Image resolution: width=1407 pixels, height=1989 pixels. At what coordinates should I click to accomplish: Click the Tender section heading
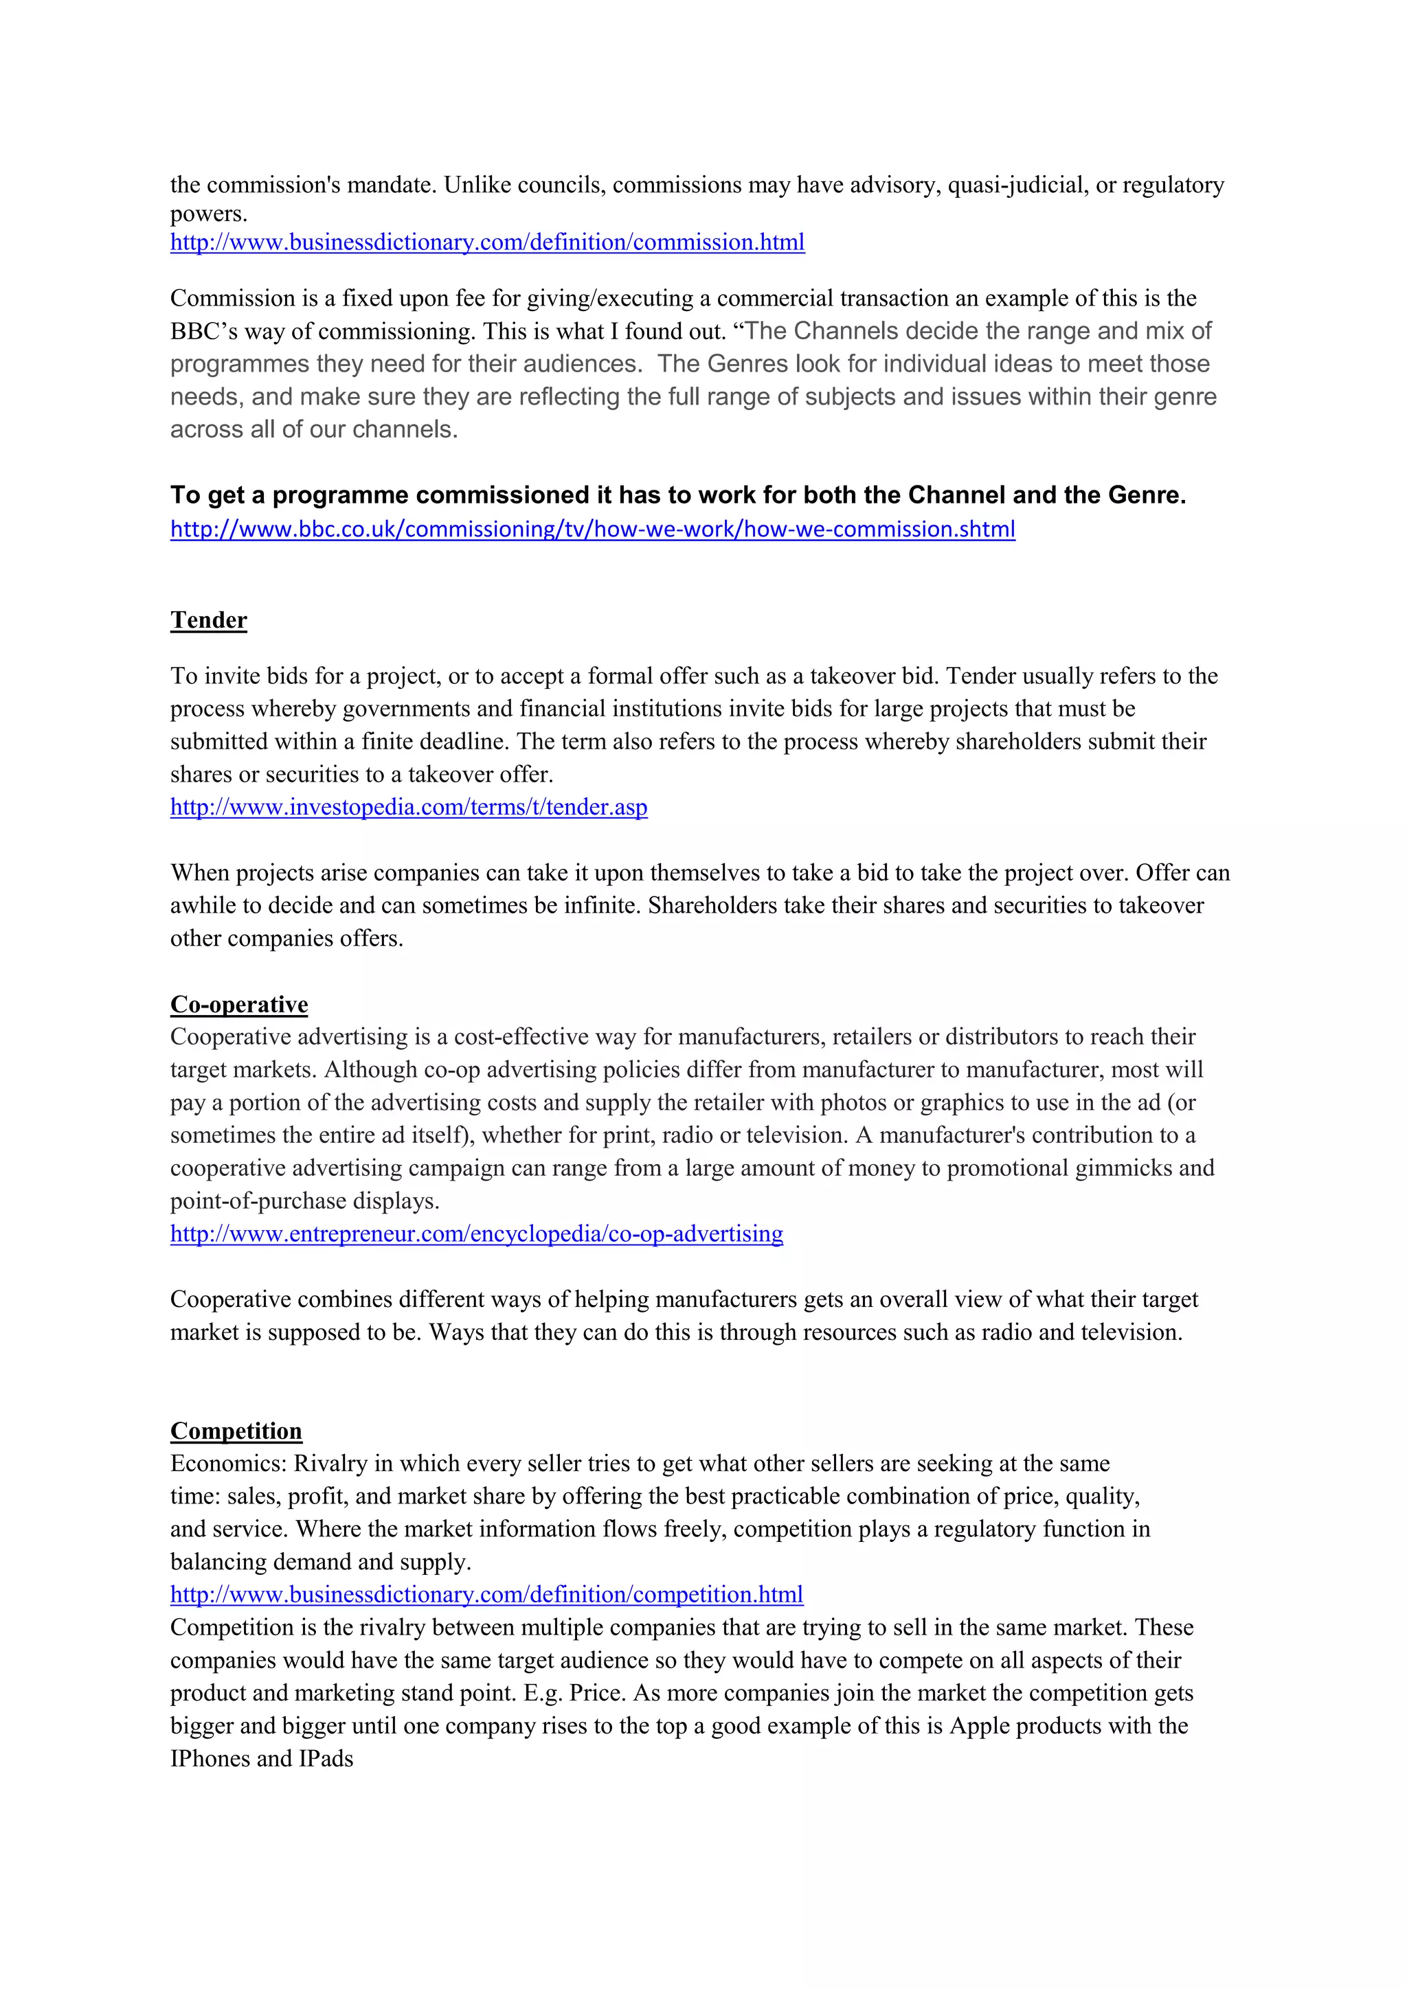(x=209, y=620)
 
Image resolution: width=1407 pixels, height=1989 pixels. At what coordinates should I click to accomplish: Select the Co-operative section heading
(x=239, y=1004)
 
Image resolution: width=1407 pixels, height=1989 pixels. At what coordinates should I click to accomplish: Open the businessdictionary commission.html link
(x=487, y=242)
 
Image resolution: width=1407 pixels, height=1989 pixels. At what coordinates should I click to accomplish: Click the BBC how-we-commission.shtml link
(x=593, y=530)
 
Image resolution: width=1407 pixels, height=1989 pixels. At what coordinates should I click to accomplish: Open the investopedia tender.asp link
(x=409, y=808)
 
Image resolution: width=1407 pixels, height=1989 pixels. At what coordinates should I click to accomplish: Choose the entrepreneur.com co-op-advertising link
(x=477, y=1234)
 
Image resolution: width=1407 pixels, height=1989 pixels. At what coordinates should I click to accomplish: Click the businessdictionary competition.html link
(x=486, y=1594)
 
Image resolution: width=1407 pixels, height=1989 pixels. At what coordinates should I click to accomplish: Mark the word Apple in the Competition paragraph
(x=979, y=1726)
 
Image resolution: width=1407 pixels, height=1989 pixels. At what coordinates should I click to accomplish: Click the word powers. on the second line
(x=209, y=214)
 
